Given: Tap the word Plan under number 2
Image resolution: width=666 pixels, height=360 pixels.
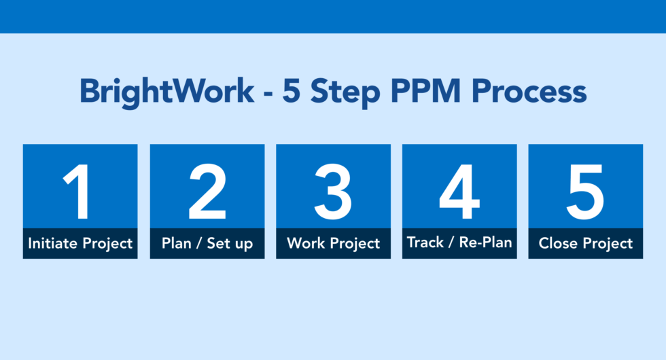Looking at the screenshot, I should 177,243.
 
